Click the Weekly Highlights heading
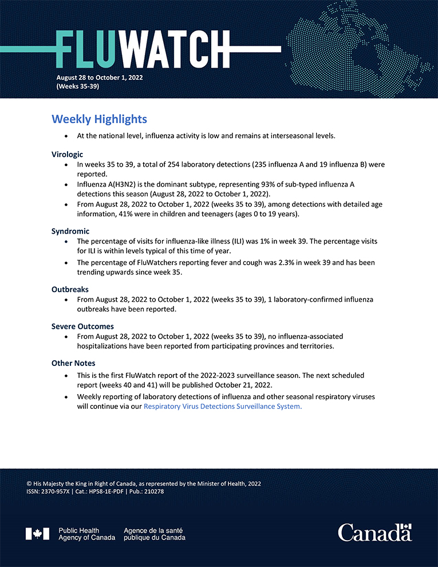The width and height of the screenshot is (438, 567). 99,119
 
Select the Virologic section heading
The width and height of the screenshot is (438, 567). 67,154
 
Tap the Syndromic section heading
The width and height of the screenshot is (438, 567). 70,231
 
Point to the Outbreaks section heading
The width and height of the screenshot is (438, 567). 70,289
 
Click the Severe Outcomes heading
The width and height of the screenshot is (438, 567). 82,326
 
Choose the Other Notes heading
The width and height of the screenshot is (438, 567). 73,363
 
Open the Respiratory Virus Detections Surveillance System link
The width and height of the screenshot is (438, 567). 223,407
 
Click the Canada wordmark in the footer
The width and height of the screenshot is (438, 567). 374,533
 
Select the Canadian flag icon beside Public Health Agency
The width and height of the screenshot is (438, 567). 37,534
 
